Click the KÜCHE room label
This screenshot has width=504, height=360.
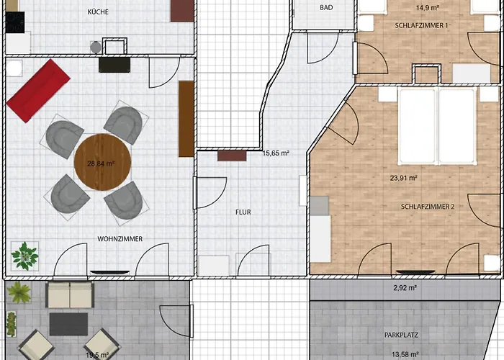point(98,12)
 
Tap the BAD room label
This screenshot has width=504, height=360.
point(326,7)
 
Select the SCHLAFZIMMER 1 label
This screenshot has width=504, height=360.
point(421,25)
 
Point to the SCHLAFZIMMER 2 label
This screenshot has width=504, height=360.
point(428,207)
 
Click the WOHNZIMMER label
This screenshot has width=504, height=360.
point(120,239)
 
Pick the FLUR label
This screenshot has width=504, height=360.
point(243,212)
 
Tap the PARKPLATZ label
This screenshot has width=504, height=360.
point(401,336)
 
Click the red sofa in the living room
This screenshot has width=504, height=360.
point(38,90)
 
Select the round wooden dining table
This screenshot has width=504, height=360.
point(102,162)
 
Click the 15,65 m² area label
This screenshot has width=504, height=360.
point(276,153)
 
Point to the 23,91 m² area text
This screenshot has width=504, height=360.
point(404,178)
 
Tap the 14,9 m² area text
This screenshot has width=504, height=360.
point(428,7)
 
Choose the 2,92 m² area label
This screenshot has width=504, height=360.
point(405,288)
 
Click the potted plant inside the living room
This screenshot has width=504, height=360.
point(24,256)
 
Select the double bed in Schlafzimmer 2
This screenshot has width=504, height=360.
point(437,126)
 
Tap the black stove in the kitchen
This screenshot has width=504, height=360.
point(15,22)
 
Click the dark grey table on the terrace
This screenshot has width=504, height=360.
point(68,324)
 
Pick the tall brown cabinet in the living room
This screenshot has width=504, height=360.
point(186,119)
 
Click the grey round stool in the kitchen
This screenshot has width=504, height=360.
point(96,48)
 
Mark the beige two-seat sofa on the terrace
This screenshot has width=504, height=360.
point(70,294)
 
